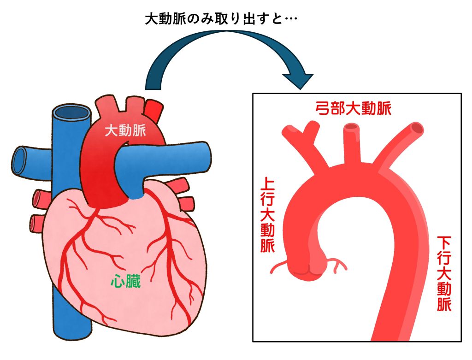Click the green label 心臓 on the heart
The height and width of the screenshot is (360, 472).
pyautogui.click(x=125, y=281)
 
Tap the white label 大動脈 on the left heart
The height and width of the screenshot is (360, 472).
pyautogui.click(x=125, y=131)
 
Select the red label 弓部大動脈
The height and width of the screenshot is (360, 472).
pyautogui.click(x=354, y=109)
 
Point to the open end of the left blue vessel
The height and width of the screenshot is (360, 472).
pyautogui.click(x=19, y=160)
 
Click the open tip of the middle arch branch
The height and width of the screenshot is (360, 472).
pyautogui.click(x=352, y=127)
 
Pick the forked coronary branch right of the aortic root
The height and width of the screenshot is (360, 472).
pyautogui.click(x=337, y=264)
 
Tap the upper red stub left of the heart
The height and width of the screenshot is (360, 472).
pyautogui.click(x=39, y=199)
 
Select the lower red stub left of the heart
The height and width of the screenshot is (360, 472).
pyautogui.click(x=37, y=223)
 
